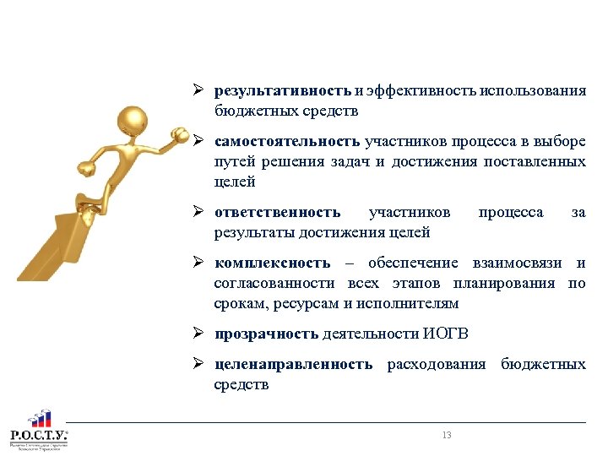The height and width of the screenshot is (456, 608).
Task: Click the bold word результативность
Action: (282, 91)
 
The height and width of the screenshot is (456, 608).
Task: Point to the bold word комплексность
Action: (272, 263)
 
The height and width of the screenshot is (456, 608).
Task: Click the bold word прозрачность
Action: (267, 334)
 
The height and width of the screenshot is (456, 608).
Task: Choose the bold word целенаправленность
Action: (293, 365)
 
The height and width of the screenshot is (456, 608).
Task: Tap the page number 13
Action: (447, 435)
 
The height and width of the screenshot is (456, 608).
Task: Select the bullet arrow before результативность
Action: (197, 91)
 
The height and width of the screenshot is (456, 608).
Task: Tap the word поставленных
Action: (535, 160)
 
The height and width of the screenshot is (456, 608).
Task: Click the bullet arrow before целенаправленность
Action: (197, 365)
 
